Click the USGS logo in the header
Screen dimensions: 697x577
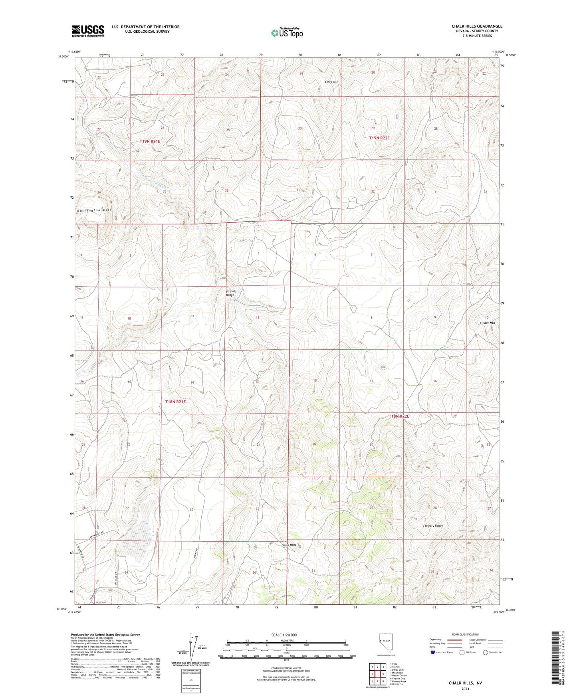pyautogui.click(x=87, y=30)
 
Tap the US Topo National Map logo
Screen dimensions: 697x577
pyautogui.click(x=286, y=33)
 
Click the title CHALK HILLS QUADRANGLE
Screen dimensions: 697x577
pyautogui.click(x=477, y=26)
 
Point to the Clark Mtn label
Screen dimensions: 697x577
pyautogui.click(x=331, y=82)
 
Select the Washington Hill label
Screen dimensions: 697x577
pyautogui.click(x=94, y=210)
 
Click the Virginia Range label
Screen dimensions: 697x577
pyautogui.click(x=231, y=293)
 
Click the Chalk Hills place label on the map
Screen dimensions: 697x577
pyautogui.click(x=289, y=545)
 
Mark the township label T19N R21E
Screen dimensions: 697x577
pyautogui.click(x=150, y=141)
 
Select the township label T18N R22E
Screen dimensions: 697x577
pyautogui.click(x=399, y=416)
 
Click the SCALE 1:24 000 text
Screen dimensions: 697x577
pyautogui.click(x=284, y=635)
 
